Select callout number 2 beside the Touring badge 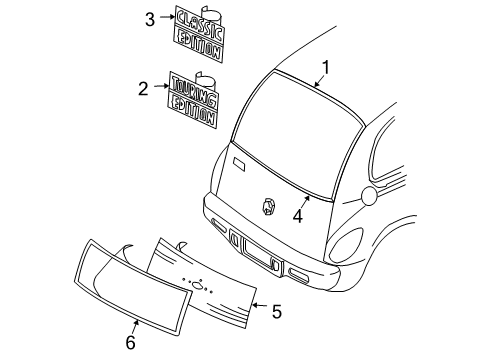(144, 88)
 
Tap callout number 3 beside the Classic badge (150, 19)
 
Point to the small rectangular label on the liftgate (238, 161)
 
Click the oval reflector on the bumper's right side (298, 273)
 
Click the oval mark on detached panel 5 (199, 285)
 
